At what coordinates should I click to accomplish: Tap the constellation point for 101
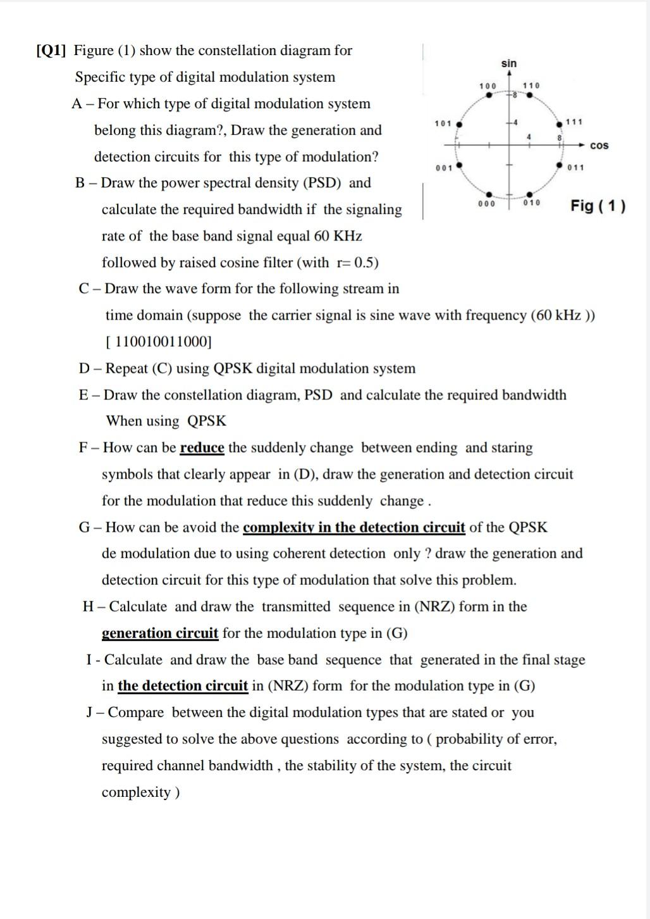[x=458, y=124]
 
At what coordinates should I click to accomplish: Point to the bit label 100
[x=487, y=85]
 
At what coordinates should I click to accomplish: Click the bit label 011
[x=575, y=168]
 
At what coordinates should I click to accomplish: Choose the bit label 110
[x=531, y=85]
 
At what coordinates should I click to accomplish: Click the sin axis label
[x=509, y=63]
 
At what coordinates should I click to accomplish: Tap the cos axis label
[x=599, y=146]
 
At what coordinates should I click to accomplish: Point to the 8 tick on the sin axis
[x=515, y=96]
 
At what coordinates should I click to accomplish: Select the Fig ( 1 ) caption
[x=598, y=206]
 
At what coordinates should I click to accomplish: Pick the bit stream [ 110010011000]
[x=158, y=342]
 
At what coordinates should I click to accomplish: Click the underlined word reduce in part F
[x=202, y=448]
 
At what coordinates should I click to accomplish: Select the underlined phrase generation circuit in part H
[x=160, y=634]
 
